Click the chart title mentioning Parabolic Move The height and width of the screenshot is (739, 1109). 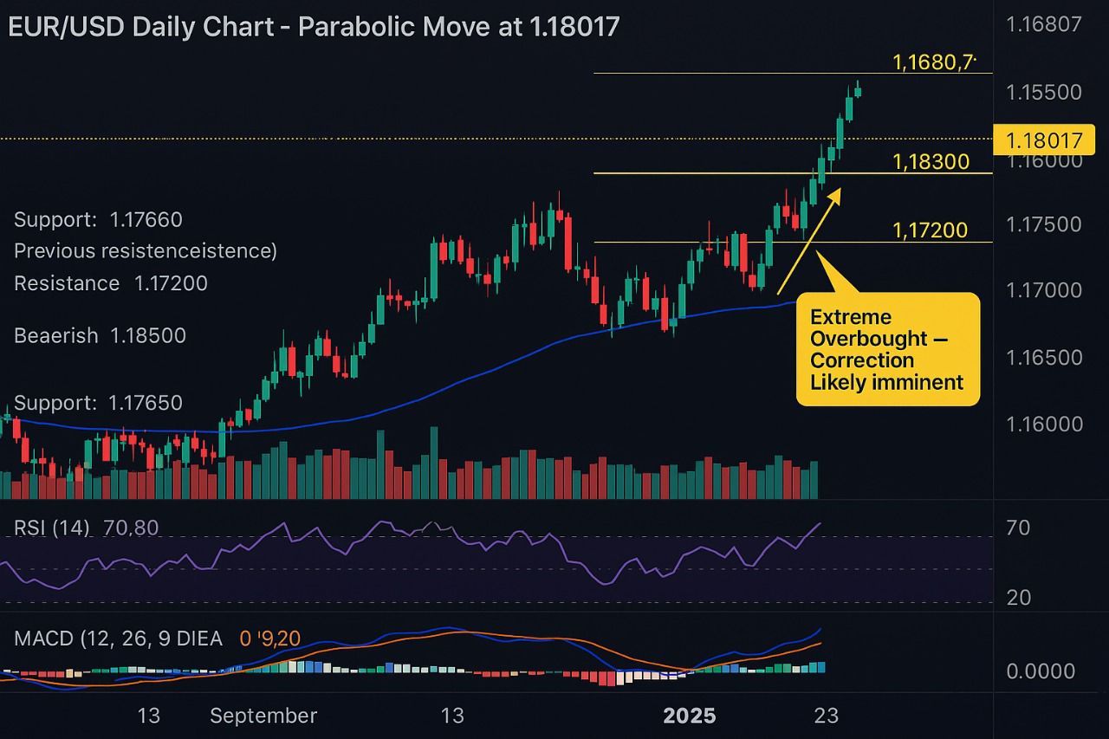[x=314, y=27]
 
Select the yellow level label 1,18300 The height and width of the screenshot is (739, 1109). [x=930, y=162]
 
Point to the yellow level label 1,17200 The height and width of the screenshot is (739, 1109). [x=930, y=230]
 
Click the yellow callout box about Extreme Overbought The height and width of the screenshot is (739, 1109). [x=887, y=350]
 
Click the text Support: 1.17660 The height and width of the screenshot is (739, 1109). [x=98, y=220]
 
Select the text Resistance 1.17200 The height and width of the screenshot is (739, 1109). [x=110, y=283]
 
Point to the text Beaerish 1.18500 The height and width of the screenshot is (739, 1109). [x=100, y=336]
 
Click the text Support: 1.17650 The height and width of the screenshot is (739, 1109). [x=98, y=403]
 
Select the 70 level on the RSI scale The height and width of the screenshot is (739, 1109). [x=1018, y=528]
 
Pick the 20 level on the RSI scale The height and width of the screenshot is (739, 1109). [x=1018, y=598]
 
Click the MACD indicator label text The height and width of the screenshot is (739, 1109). [x=118, y=639]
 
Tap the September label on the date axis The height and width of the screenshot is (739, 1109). [x=263, y=716]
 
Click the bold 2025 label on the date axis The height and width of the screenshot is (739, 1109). [x=690, y=716]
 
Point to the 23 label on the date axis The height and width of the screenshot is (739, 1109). [x=827, y=716]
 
